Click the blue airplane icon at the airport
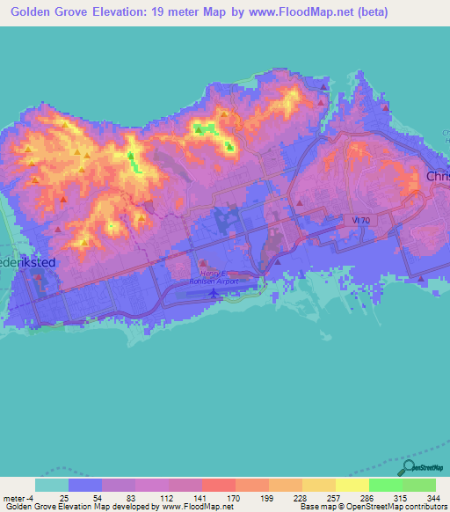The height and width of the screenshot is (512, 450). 214,292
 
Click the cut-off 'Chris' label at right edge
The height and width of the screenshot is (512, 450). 438,176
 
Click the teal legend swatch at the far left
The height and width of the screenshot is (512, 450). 52,485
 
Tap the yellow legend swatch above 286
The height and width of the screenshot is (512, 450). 352,485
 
